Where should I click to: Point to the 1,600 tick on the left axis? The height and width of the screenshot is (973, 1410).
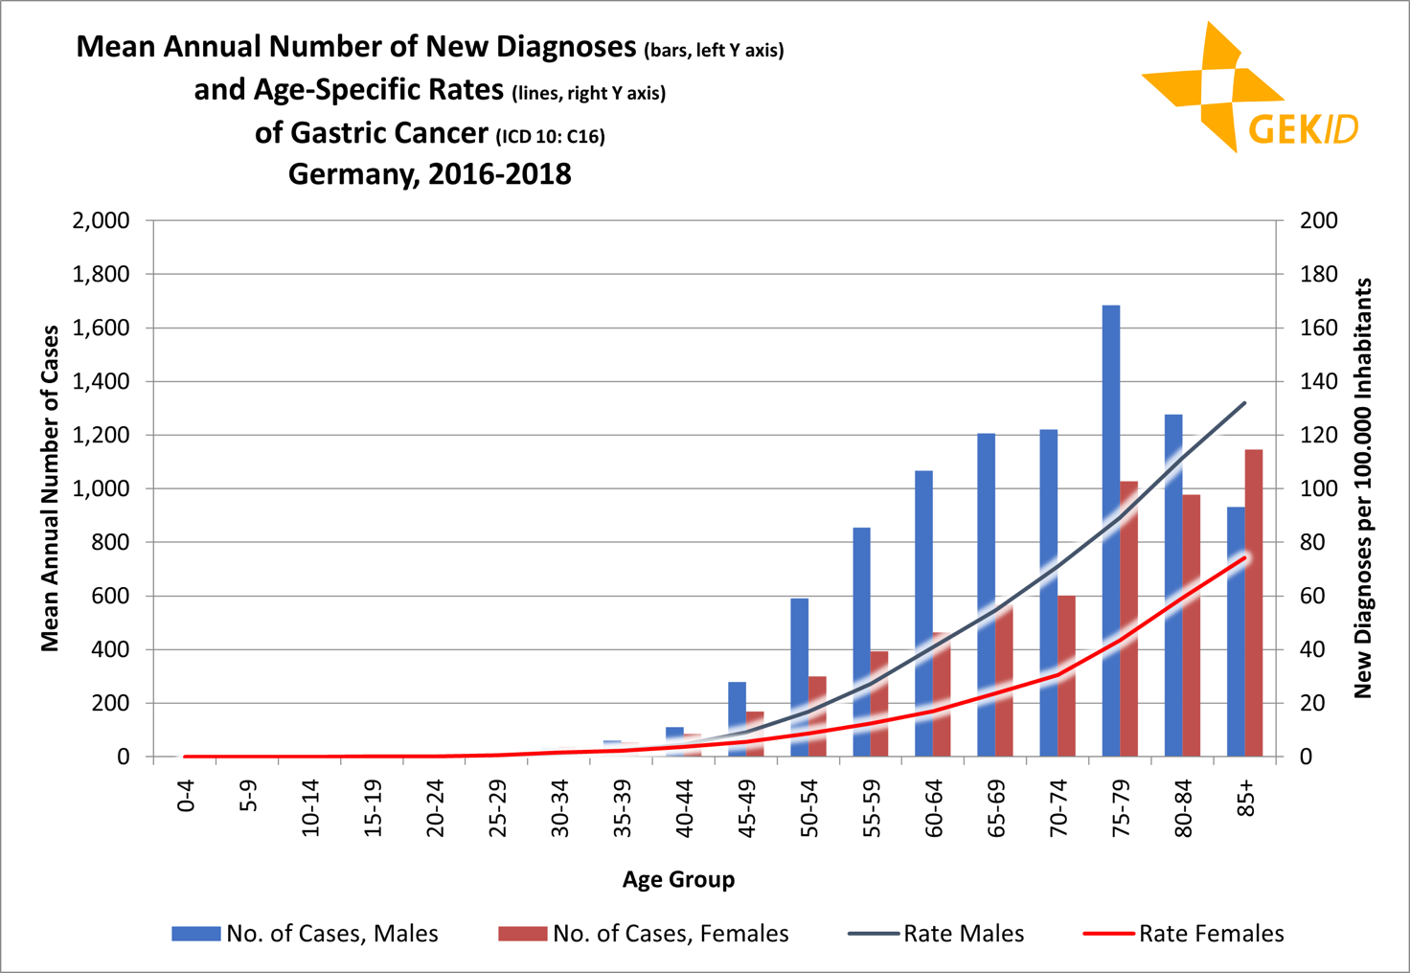[102, 328]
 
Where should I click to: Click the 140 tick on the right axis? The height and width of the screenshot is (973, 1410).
[1318, 382]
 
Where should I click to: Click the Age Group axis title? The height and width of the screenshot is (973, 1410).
[678, 879]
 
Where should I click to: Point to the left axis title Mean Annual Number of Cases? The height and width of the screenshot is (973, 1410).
[50, 488]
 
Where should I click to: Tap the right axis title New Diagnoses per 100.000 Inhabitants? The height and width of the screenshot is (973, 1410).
[1363, 488]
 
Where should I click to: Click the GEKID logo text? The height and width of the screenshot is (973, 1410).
[1303, 128]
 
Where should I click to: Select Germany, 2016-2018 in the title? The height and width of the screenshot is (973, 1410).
[429, 174]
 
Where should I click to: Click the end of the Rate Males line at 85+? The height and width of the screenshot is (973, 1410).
[1244, 403]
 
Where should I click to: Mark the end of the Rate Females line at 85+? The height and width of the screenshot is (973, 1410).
[1244, 557]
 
